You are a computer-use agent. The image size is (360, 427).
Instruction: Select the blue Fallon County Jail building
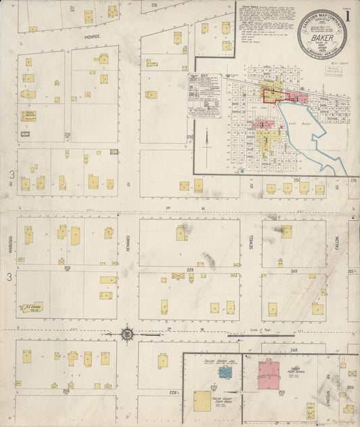click(x=225, y=372)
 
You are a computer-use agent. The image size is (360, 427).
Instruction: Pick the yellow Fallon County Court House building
click(x=202, y=401)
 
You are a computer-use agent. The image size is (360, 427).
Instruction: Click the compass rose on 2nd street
click(x=127, y=333)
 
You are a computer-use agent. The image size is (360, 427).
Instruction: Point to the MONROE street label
click(x=93, y=36)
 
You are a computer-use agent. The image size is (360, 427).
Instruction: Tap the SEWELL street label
click(x=251, y=241)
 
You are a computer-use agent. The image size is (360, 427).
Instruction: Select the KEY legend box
click(x=204, y=95)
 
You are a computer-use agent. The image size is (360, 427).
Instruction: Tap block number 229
click(x=190, y=270)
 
